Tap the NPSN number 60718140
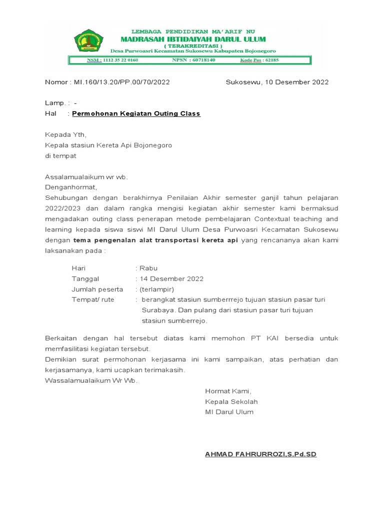click(201, 60)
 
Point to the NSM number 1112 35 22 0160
click(120, 60)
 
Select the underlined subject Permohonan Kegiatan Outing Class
click(136, 114)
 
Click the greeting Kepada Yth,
click(65, 135)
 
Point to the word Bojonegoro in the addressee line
click(152, 145)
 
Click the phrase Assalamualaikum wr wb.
click(86, 177)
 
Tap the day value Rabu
click(149, 269)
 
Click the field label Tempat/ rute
click(93, 300)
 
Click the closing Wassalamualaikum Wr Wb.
click(91, 381)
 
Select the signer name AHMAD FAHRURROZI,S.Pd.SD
click(260, 454)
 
